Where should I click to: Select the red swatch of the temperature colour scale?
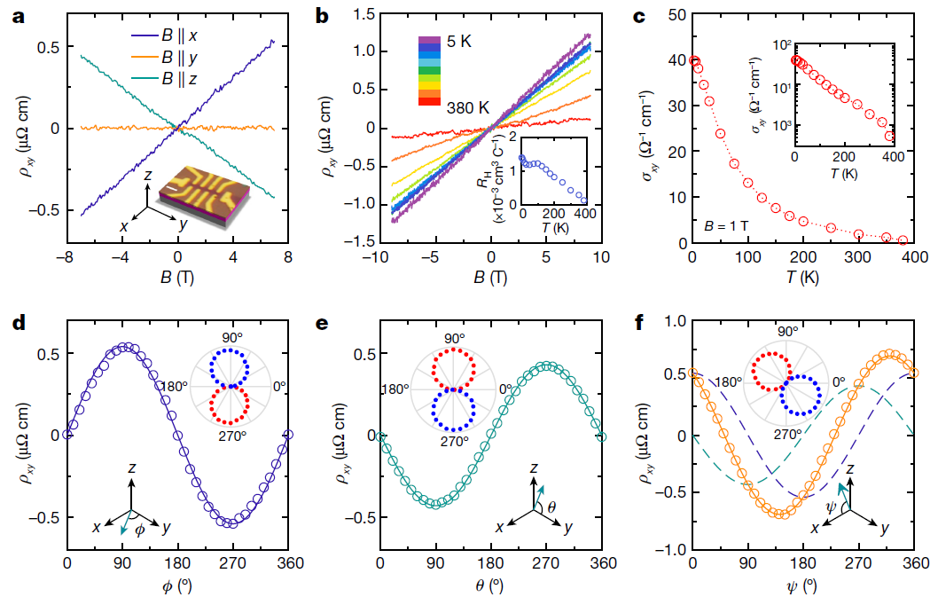tap(429, 102)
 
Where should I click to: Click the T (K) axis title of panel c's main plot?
tap(802, 277)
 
